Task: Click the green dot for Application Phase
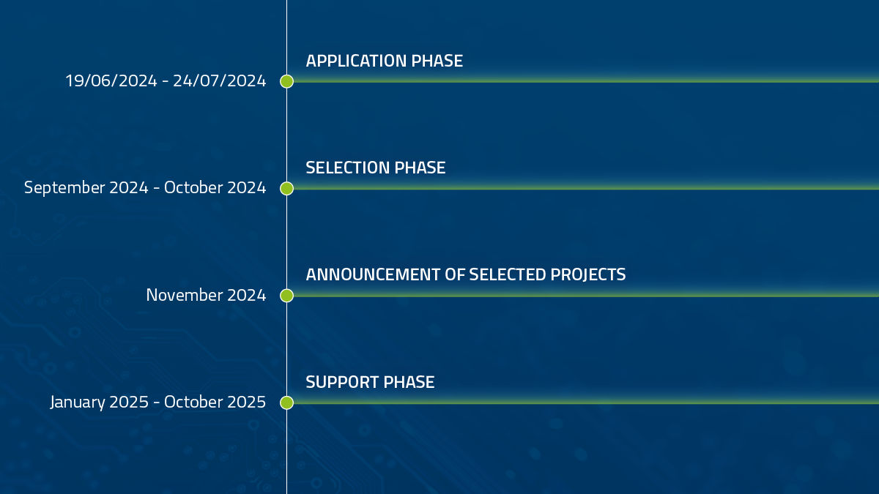287,81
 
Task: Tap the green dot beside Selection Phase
287,188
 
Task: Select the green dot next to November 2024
287,296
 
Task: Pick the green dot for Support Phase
287,403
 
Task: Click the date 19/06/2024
111,81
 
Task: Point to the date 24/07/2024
220,81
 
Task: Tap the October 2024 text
215,187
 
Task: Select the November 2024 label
206,295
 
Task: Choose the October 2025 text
215,402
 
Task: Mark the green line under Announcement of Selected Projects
586,296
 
